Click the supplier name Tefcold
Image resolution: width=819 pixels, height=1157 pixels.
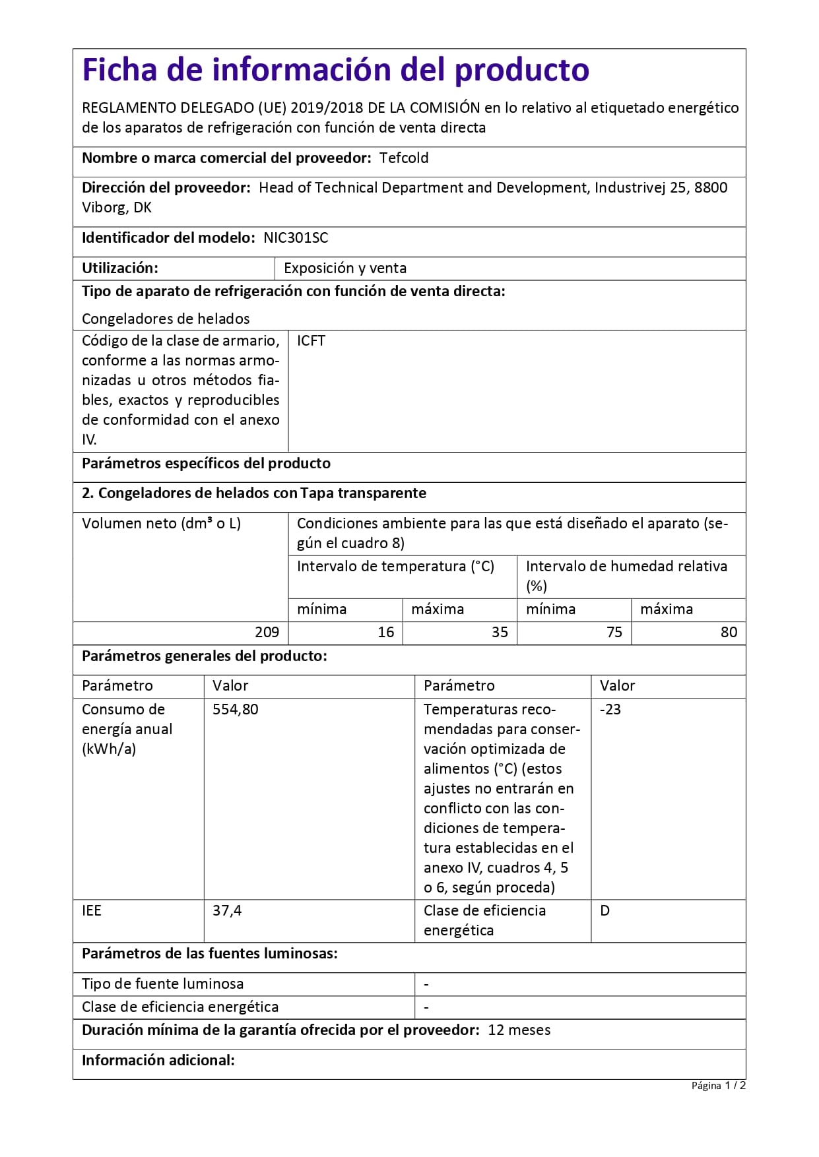click(x=404, y=158)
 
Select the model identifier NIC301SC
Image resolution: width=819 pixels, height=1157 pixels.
click(x=296, y=238)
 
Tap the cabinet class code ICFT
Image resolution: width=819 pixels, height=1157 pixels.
click(x=311, y=341)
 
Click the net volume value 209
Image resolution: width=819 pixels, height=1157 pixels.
click(x=267, y=633)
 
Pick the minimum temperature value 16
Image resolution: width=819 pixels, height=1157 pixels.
click(x=385, y=633)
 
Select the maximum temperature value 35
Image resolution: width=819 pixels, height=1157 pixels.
click(x=500, y=633)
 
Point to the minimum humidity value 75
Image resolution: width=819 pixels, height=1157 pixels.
click(x=614, y=633)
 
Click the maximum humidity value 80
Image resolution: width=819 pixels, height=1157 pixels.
click(x=729, y=633)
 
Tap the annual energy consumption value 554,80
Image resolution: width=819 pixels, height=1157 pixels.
click(x=236, y=710)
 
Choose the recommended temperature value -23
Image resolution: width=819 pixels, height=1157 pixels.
click(x=610, y=710)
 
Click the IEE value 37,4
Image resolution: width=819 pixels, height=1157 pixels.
click(x=227, y=911)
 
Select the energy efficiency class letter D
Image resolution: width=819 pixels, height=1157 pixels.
click(x=605, y=911)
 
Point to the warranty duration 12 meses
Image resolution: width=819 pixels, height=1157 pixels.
click(x=519, y=1030)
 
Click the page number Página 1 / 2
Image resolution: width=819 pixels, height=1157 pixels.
click(x=718, y=1086)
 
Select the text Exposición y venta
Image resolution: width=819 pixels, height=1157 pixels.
click(x=345, y=268)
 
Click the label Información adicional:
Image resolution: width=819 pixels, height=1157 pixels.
click(x=158, y=1061)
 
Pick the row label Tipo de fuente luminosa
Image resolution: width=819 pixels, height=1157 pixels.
click(x=163, y=984)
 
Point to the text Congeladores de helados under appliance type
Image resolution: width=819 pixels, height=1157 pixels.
click(x=166, y=319)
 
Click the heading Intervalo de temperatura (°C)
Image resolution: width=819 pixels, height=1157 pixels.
click(x=395, y=567)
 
